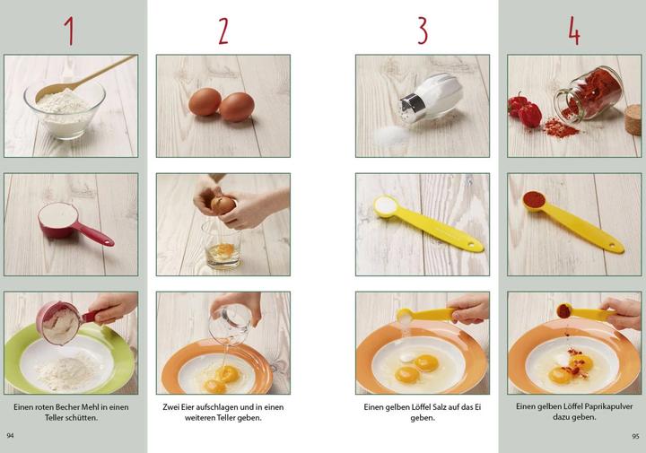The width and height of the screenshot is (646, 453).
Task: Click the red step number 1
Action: coord(70,30)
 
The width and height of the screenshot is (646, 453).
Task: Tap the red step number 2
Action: coord(223,30)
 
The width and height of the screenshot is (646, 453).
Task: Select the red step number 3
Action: coord(423,30)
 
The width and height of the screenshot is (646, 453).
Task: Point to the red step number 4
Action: coord(574,30)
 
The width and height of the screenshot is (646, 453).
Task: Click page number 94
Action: coord(10,436)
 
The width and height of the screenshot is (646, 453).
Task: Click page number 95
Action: coord(635,436)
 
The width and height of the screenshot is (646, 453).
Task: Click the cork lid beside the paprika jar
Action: coord(633,120)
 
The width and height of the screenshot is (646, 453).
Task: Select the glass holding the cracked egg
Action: coord(223,245)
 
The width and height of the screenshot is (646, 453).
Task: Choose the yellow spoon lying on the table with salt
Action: coord(428,222)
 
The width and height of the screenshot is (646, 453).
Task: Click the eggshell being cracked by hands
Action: coord(223,205)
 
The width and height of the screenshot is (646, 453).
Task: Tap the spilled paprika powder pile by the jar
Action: coord(560,128)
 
